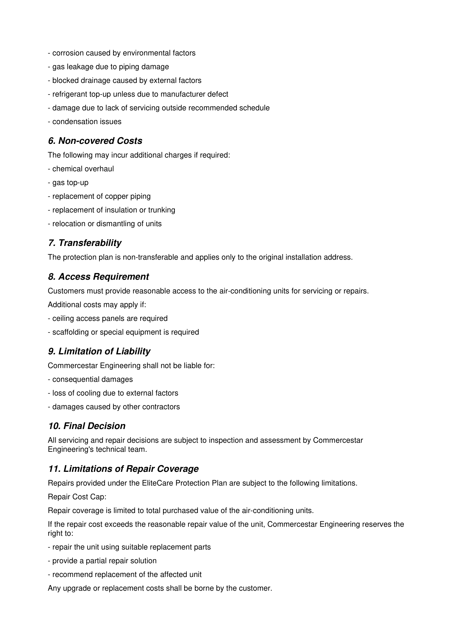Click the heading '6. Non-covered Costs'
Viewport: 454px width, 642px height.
point(95,141)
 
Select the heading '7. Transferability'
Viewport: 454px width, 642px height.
point(85,243)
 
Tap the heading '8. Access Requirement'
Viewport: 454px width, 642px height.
point(99,277)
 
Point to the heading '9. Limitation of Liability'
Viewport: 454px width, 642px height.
point(99,351)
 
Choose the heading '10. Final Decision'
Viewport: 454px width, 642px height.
point(87,426)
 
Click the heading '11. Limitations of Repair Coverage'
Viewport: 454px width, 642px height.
point(123,469)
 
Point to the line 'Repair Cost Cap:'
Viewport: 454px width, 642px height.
point(77,497)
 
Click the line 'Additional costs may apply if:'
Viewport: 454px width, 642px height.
point(97,305)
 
